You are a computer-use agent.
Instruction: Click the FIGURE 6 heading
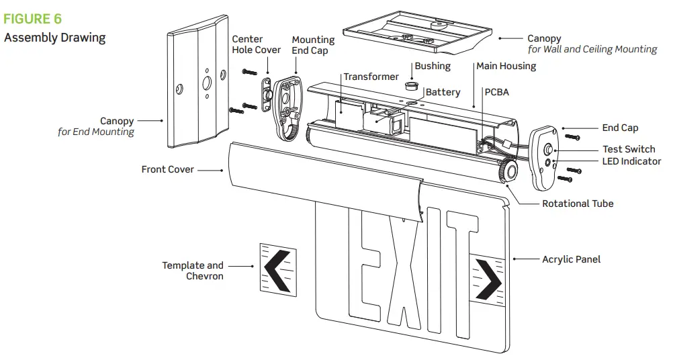click(32, 19)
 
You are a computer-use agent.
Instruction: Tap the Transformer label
click(371, 77)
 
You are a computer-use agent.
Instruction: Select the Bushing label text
click(433, 66)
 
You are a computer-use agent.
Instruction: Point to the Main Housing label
click(506, 66)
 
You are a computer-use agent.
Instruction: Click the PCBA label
click(496, 91)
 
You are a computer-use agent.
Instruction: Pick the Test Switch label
click(629, 149)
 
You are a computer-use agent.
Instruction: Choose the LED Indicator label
click(631, 161)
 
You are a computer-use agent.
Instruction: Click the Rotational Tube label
click(578, 204)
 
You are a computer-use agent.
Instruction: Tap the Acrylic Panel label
click(571, 259)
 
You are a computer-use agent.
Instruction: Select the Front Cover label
click(167, 169)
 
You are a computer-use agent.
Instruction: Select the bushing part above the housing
click(411, 87)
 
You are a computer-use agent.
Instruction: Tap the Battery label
click(443, 92)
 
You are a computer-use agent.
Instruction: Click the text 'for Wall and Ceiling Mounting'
click(592, 49)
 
